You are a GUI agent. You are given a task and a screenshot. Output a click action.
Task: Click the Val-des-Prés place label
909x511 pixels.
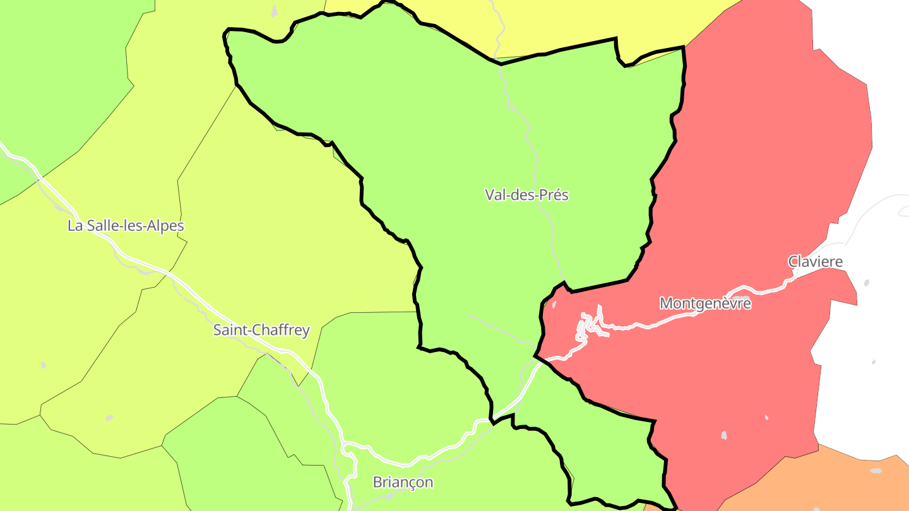[526, 195]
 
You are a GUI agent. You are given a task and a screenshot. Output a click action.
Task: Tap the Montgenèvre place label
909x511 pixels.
[705, 303]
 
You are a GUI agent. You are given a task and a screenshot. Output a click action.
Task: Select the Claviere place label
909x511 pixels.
[815, 261]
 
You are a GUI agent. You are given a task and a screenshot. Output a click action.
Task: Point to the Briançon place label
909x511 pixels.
[403, 483]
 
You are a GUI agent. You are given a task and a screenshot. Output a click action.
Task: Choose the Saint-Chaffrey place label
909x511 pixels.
[261, 330]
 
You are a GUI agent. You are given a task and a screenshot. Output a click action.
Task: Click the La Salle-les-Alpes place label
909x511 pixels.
[126, 226]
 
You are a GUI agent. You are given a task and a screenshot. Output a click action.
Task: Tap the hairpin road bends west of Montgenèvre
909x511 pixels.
[590, 325]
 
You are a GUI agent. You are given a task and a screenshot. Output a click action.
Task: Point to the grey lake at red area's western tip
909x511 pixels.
[554, 305]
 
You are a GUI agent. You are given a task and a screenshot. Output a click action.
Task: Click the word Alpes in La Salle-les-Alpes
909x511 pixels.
[166, 226]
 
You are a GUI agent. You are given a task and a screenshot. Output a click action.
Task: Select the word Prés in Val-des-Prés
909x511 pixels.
[554, 195]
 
